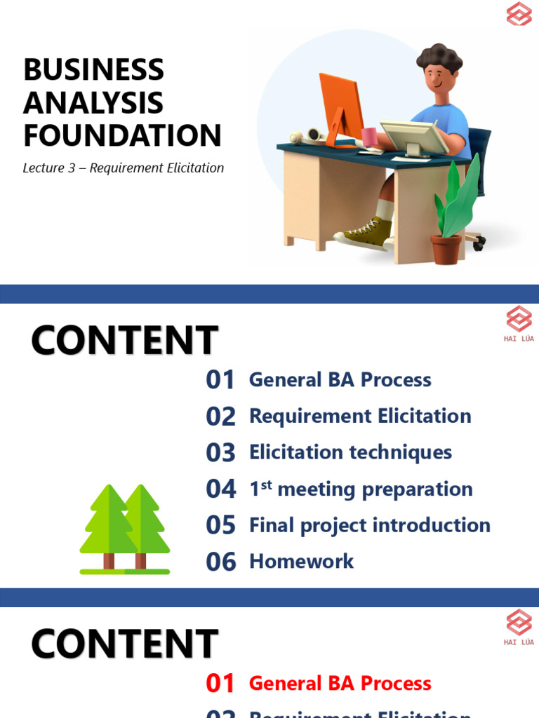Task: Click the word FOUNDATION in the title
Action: click(122, 135)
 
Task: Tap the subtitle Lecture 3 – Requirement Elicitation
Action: click(123, 168)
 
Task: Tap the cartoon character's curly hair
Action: click(440, 59)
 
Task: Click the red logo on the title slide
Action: click(519, 14)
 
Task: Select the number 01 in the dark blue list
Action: click(220, 380)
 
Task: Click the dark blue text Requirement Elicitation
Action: click(360, 416)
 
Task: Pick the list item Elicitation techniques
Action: click(350, 452)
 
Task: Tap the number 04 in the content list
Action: click(221, 489)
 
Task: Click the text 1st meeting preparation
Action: click(361, 489)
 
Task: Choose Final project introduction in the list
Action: click(369, 525)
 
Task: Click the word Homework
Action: click(302, 561)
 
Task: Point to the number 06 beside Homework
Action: click(221, 562)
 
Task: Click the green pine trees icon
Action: click(124, 529)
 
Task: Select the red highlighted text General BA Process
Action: click(340, 684)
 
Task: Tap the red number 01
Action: click(220, 684)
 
